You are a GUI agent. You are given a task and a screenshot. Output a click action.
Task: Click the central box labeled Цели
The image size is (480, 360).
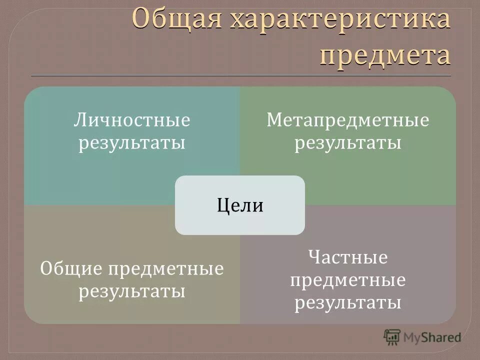pos(240,205)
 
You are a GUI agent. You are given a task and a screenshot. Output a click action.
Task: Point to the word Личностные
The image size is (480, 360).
pos(132,121)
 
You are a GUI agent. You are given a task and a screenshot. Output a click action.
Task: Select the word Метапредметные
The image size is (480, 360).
pos(347,121)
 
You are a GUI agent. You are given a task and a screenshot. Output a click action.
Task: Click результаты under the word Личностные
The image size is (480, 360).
pos(132,143)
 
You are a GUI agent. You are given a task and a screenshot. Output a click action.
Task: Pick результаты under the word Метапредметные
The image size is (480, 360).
pos(347,143)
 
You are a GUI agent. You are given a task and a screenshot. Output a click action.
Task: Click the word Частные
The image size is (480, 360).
pos(347,258)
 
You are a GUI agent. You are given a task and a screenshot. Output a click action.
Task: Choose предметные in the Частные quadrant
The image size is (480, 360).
pos(347,280)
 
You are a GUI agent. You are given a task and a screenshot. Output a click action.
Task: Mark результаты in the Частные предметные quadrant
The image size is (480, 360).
pos(347,302)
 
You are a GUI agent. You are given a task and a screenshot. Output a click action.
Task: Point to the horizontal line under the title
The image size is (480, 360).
pos(240,75)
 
